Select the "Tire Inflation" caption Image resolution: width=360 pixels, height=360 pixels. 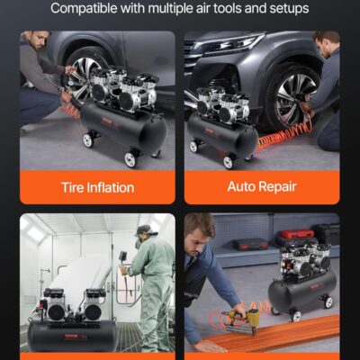pos(97,187)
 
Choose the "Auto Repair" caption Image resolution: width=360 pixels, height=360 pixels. pos(262,187)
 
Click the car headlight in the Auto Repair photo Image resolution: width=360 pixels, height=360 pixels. pos(224,45)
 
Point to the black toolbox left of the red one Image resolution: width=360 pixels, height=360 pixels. pos(250,243)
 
